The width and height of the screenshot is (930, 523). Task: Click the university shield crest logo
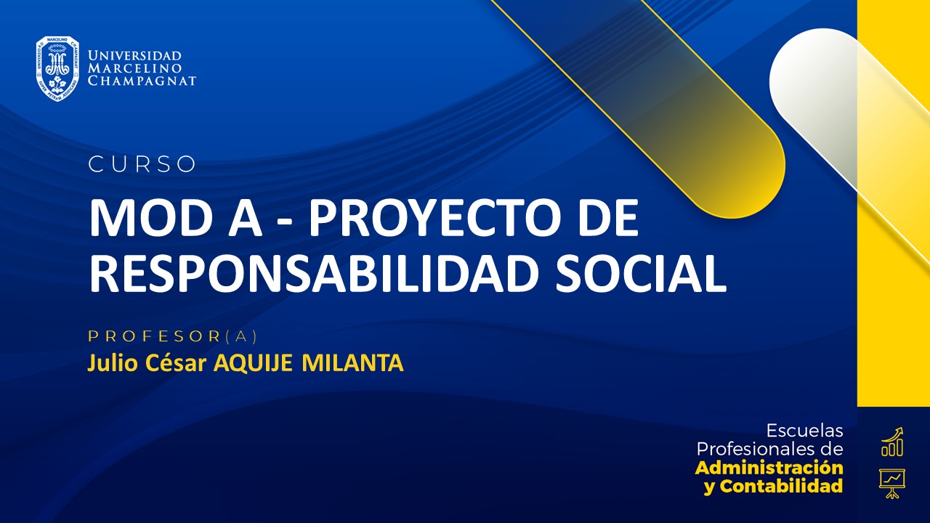[x=57, y=69]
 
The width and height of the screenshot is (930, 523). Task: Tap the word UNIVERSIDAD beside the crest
[x=134, y=56]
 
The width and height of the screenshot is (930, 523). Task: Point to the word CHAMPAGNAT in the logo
[x=142, y=81]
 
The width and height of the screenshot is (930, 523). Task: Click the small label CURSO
[x=142, y=165]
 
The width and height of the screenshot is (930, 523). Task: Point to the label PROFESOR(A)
[x=173, y=336]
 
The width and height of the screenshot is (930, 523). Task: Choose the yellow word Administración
[x=769, y=467]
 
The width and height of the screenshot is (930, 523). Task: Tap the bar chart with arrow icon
[x=892, y=442]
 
